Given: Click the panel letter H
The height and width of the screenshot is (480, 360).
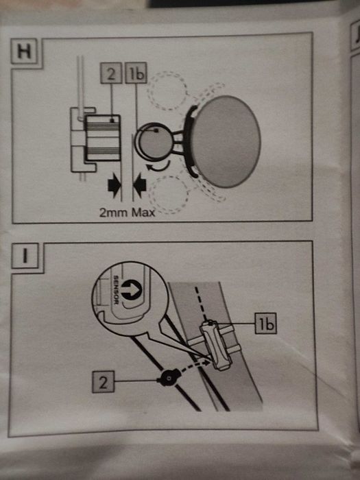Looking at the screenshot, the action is tap(24, 51).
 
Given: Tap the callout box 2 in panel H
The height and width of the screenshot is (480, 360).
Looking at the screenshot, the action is tap(111, 73).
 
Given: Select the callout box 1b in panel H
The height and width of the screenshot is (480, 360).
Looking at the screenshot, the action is tap(136, 73).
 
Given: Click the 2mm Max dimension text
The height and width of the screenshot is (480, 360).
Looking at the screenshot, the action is tap(128, 212).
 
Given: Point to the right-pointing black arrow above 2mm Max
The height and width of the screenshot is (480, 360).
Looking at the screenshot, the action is tap(115, 185).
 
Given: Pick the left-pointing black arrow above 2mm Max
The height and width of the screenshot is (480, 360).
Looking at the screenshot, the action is tap(140, 185).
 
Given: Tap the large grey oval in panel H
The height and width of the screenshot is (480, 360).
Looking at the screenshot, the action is tap(226, 141).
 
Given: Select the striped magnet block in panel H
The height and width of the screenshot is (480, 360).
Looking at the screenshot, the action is tap(102, 138).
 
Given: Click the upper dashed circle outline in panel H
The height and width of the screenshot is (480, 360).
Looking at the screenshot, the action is tap(167, 91).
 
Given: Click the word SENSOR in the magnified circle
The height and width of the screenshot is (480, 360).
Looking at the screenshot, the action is tap(117, 290).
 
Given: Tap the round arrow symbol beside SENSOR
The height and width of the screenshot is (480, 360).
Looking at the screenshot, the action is tap(132, 290).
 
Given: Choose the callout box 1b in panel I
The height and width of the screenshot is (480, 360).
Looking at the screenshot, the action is tap(266, 323).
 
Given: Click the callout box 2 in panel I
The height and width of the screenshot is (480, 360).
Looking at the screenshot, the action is tap(103, 381).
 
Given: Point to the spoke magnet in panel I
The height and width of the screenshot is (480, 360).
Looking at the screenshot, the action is tap(168, 378).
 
